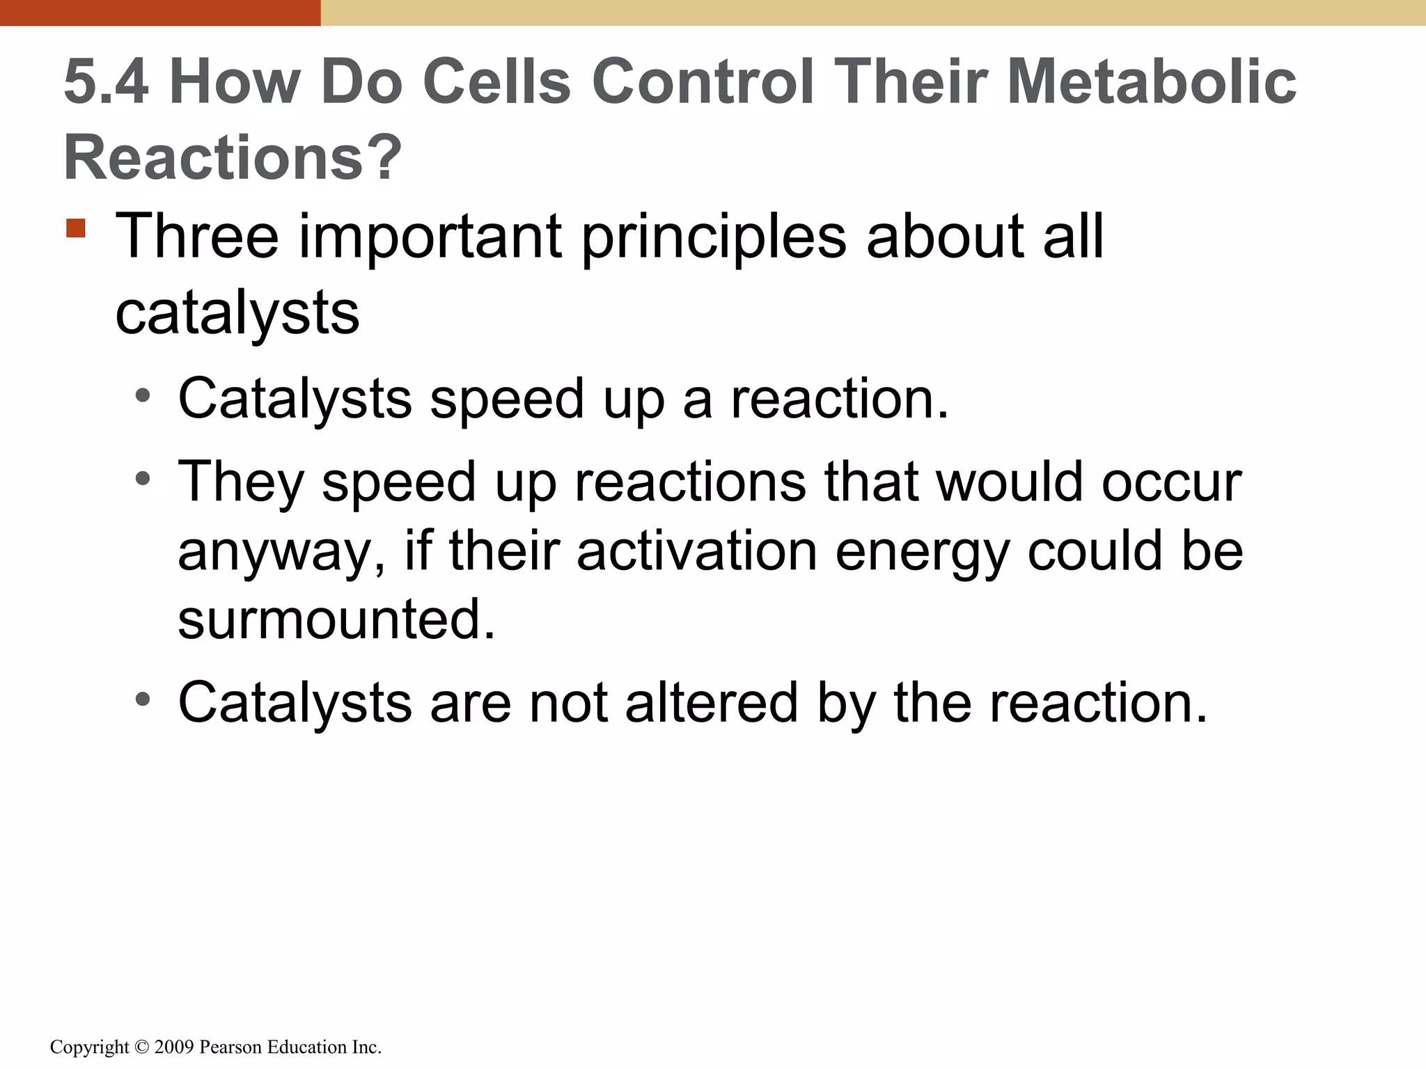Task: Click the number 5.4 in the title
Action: coord(106,82)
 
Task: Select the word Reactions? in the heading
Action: coord(233,157)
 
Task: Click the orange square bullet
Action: coord(76,228)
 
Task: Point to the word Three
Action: coord(197,237)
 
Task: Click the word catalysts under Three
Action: coord(237,314)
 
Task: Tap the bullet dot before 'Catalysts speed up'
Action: coord(143,397)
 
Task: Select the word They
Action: coord(241,482)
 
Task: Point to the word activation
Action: coord(696,551)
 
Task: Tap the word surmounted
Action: coord(336,619)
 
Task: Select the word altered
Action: coord(711,702)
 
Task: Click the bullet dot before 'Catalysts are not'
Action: coord(143,700)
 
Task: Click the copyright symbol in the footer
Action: coord(141,1047)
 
